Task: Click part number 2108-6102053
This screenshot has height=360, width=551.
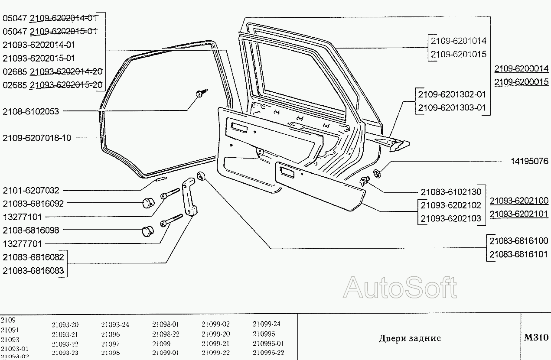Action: [x=30, y=111]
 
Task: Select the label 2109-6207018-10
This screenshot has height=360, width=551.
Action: [x=36, y=138]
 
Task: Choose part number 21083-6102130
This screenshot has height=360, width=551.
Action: [x=451, y=191]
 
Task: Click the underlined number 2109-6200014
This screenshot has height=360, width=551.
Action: [x=522, y=68]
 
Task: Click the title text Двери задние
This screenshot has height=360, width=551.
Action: [x=410, y=338]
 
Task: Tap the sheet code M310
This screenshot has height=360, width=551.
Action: [x=536, y=337]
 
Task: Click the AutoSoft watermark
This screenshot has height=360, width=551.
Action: [x=400, y=287]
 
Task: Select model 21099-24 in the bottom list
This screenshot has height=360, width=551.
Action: [x=267, y=324]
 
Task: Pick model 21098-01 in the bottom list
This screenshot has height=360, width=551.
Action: [x=166, y=324]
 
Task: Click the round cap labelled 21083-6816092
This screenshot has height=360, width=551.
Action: [x=149, y=203]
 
